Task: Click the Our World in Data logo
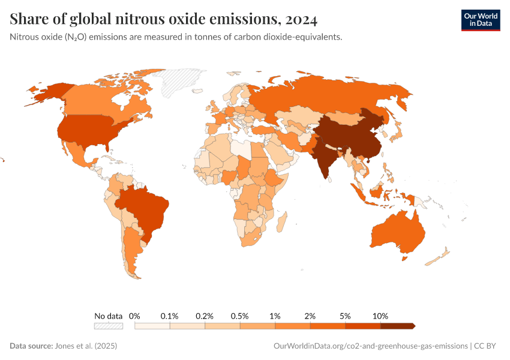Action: (480, 19)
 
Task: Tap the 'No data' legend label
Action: (109, 316)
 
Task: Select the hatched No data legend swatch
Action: (109, 326)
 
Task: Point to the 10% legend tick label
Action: (380, 316)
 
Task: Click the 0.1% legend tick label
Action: (170, 316)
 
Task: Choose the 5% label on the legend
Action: (346, 316)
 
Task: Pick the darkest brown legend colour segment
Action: (398, 326)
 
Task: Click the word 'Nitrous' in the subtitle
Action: (25, 37)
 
